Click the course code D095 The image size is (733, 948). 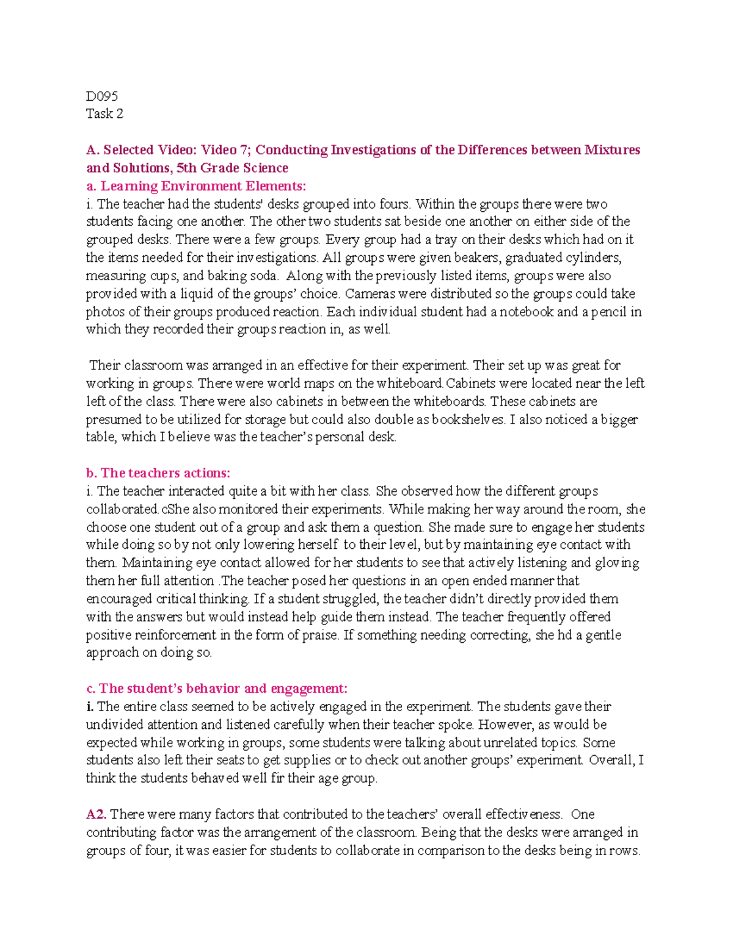point(101,96)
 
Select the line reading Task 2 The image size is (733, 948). point(104,114)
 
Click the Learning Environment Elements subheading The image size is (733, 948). point(195,186)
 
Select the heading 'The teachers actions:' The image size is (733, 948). point(158,472)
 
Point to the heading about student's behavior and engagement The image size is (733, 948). point(217,689)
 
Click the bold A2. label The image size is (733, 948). point(97,814)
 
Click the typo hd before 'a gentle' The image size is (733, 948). point(566,635)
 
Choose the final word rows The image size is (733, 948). point(624,850)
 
